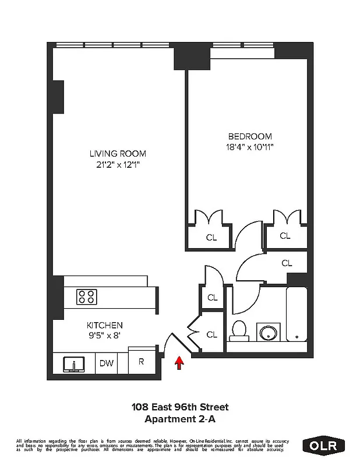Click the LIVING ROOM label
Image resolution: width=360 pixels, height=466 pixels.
coord(117,154)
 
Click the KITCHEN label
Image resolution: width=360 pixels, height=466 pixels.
coord(105,324)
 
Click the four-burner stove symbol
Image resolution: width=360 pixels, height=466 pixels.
coord(87,296)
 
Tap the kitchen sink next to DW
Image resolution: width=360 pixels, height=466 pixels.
coord(74,364)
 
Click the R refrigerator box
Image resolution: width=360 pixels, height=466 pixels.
coord(140,361)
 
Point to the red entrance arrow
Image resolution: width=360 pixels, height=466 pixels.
coord(179,363)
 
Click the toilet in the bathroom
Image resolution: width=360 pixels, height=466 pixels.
coord(239,331)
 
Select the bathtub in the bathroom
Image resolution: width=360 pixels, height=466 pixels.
coord(297,315)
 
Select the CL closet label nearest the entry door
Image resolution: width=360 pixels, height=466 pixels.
coord(212,334)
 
